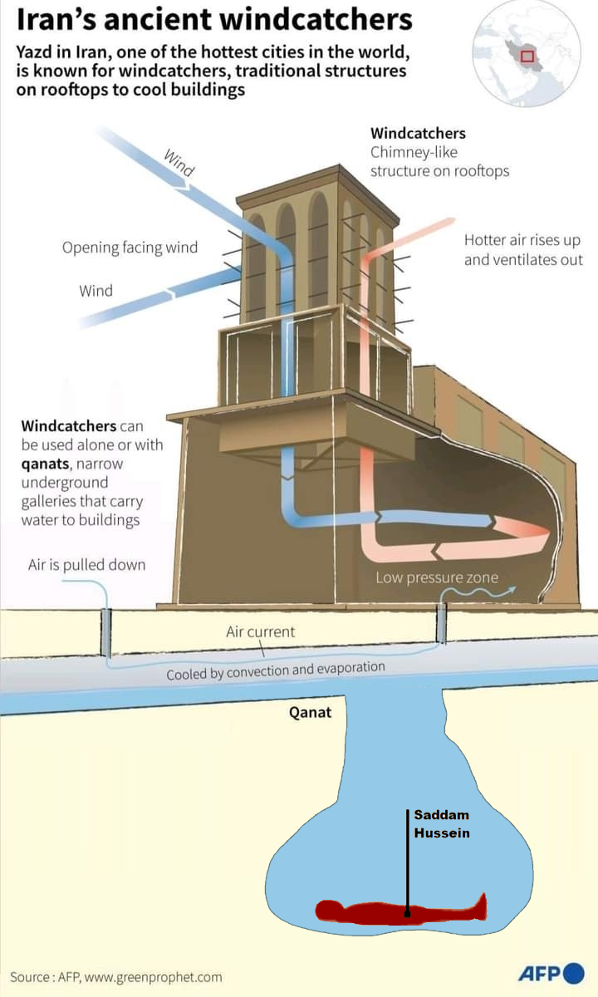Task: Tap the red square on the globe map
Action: point(527,56)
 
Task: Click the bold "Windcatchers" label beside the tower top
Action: point(418,133)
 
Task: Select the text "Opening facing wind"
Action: point(130,248)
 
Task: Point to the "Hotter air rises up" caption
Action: point(522,241)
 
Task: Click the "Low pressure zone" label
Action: point(437,577)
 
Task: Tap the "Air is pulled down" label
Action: point(86,565)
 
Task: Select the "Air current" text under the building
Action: point(260,632)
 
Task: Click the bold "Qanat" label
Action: point(310,712)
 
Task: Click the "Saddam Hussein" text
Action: point(442,824)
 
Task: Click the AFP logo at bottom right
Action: point(551,974)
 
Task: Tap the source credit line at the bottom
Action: point(116,977)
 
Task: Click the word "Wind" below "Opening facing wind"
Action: point(96,291)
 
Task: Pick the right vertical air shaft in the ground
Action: point(442,623)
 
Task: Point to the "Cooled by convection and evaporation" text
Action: point(276,670)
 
